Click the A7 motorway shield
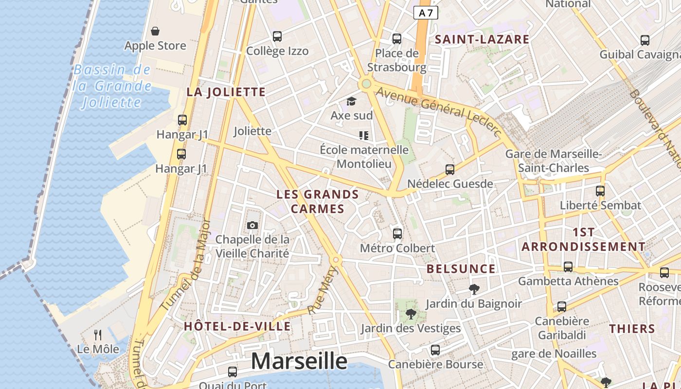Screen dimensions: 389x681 (426, 13)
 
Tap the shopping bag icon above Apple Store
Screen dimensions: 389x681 (155, 32)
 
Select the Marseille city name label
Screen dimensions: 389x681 (299, 361)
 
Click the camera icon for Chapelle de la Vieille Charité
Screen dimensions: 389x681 (252, 225)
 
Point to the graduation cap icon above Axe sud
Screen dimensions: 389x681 (351, 101)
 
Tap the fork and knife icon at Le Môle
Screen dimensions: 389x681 (98, 335)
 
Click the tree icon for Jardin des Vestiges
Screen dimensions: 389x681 (411, 314)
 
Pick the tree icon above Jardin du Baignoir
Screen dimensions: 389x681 (474, 289)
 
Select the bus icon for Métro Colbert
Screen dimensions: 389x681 (397, 233)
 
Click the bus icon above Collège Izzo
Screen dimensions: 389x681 (277, 36)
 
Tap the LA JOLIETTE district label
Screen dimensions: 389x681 (226, 92)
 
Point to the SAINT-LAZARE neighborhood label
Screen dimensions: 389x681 (482, 39)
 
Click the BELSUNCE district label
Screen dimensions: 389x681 (461, 269)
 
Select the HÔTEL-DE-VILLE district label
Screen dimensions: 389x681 (237, 326)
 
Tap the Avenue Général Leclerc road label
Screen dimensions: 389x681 (438, 111)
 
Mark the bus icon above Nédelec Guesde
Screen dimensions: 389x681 (450, 169)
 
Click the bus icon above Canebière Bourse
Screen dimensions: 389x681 (435, 350)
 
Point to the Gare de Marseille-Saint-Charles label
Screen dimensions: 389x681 (554, 161)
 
